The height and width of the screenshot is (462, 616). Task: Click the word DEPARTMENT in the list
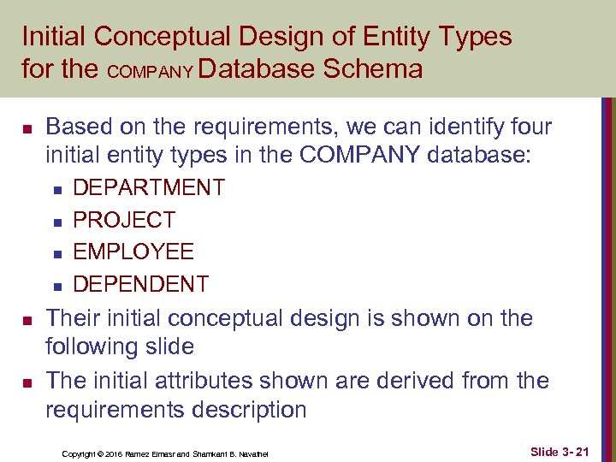point(149,187)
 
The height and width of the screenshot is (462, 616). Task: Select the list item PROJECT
point(123,220)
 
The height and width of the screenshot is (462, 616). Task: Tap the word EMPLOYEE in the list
point(133,252)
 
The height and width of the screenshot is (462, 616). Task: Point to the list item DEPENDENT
point(140,284)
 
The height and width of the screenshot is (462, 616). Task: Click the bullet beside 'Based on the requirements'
point(27,130)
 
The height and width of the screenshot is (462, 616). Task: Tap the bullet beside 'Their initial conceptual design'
point(27,321)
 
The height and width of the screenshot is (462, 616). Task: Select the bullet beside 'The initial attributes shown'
point(27,382)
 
